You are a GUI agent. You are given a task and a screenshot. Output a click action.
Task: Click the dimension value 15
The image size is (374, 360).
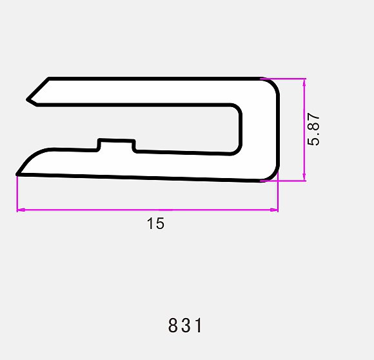click(x=155, y=223)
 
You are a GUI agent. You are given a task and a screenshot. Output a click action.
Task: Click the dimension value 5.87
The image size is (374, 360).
click(x=313, y=129)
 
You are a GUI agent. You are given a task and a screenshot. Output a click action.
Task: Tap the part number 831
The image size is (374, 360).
click(x=185, y=325)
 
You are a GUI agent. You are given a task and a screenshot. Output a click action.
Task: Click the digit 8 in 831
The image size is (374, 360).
click(x=173, y=325)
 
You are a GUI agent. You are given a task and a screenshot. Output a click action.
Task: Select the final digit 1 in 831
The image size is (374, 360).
click(x=199, y=325)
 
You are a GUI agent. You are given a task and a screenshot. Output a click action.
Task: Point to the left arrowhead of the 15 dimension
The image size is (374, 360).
click(x=21, y=210)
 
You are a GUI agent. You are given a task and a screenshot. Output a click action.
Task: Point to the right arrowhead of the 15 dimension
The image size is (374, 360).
click(x=274, y=210)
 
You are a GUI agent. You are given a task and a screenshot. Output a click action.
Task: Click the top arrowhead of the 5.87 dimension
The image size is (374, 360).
click(x=304, y=83)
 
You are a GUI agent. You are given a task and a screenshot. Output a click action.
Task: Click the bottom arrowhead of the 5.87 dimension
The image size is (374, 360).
click(x=304, y=177)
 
